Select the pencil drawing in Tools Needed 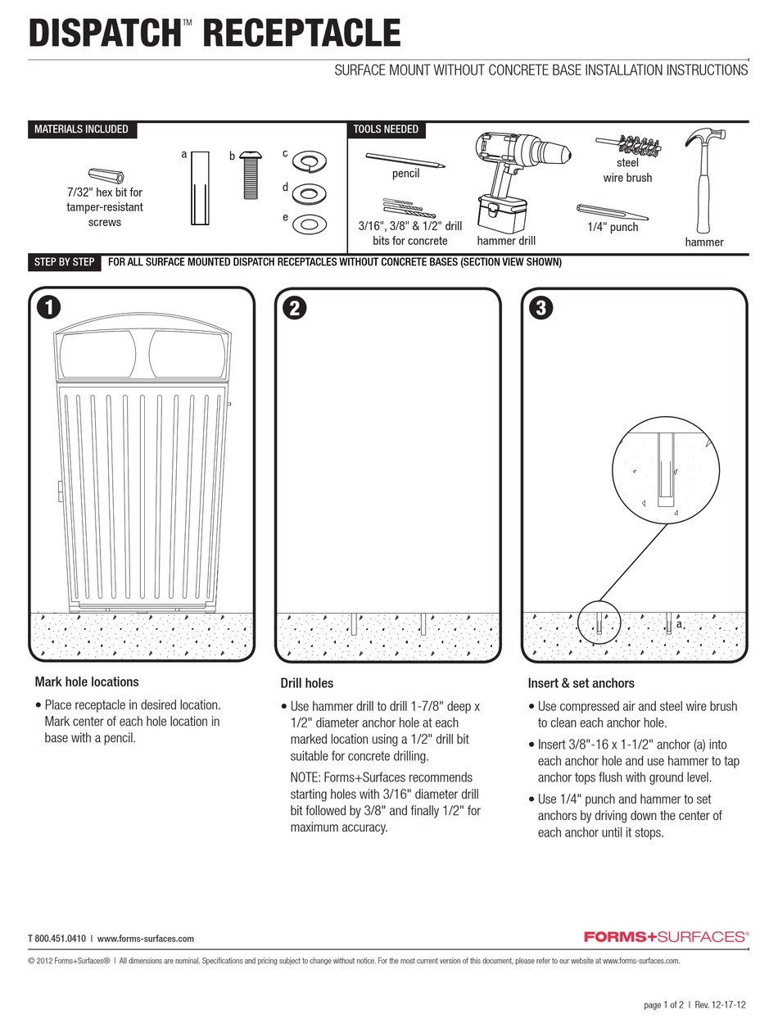click(x=406, y=160)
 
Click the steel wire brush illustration click(x=629, y=146)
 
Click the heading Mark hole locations click(x=87, y=682)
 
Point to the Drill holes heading click(x=307, y=683)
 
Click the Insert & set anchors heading click(x=581, y=683)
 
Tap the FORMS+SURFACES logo click(x=666, y=936)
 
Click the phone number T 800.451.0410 click(x=57, y=939)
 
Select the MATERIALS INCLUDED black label click(x=81, y=129)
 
